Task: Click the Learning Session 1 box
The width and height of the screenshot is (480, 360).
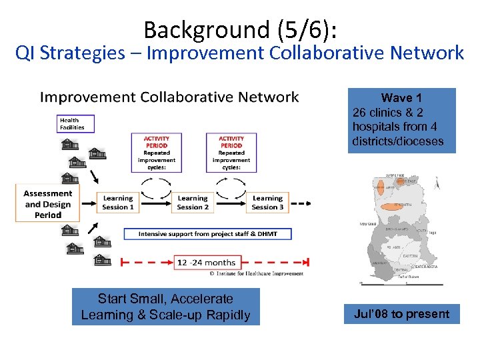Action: [118, 203]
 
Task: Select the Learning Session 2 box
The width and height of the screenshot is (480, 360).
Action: [193, 203]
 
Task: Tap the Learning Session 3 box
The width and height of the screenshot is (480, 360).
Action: [267, 203]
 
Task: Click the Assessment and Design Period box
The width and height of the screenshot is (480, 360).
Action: [47, 204]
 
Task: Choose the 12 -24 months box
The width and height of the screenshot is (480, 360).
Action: [206, 262]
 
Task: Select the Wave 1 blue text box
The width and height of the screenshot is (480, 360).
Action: [401, 120]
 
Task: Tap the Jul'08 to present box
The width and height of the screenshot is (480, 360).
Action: [401, 314]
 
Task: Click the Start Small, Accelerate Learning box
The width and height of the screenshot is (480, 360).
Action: [165, 307]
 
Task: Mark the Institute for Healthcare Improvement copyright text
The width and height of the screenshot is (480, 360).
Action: [256, 273]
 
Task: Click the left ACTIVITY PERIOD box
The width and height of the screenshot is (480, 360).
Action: [157, 151]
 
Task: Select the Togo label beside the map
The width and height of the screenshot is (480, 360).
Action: [431, 233]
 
